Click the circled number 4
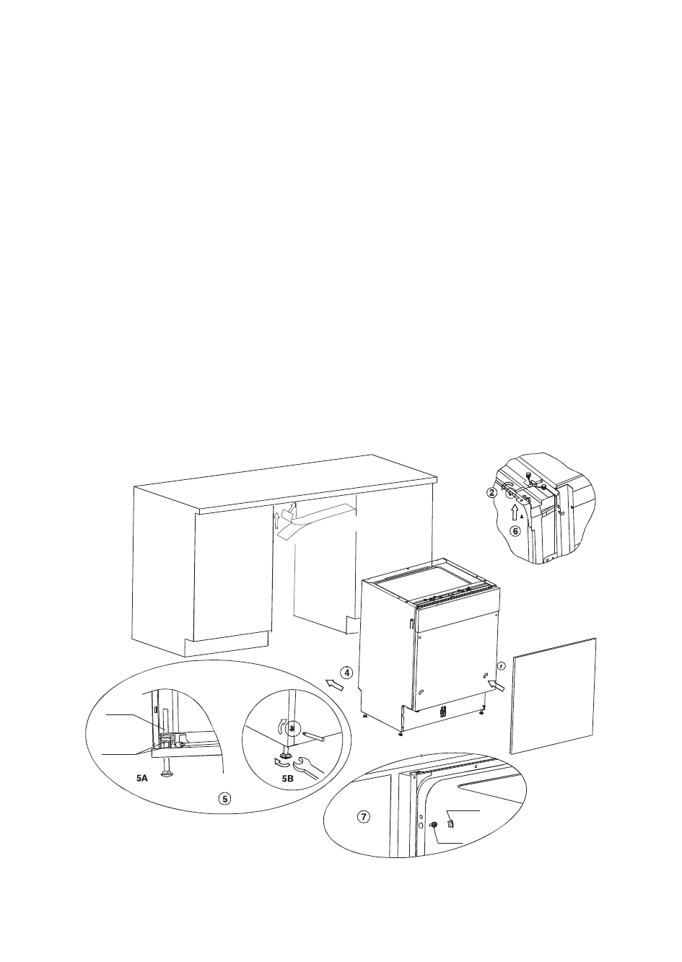point(347,673)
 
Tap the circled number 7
point(364,817)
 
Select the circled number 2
point(491,493)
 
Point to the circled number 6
point(515,531)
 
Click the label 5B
point(287,779)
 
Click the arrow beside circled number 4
point(333,683)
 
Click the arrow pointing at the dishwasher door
point(495,685)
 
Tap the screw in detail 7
point(434,826)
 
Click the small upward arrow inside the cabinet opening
point(276,520)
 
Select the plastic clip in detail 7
point(450,820)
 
